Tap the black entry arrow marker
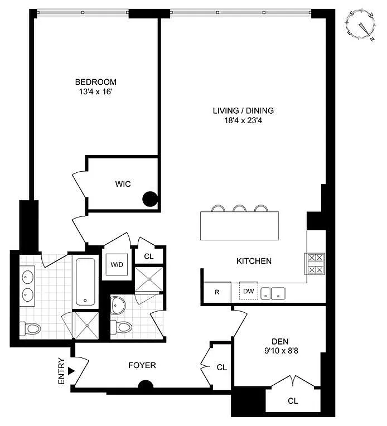[71, 371]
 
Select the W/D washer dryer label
[117, 264]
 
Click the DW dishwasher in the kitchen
[248, 291]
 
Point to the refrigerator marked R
[217, 292]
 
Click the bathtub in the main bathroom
[85, 282]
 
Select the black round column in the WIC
[150, 199]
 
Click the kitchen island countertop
[239, 225]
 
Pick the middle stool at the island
[239, 208]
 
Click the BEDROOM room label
[96, 82]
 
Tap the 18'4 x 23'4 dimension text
[243, 120]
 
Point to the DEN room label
[280, 341]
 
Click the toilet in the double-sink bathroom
[30, 328]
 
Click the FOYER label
[142, 365]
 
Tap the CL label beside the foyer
[222, 367]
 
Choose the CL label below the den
[293, 401]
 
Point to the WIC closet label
[123, 184]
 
